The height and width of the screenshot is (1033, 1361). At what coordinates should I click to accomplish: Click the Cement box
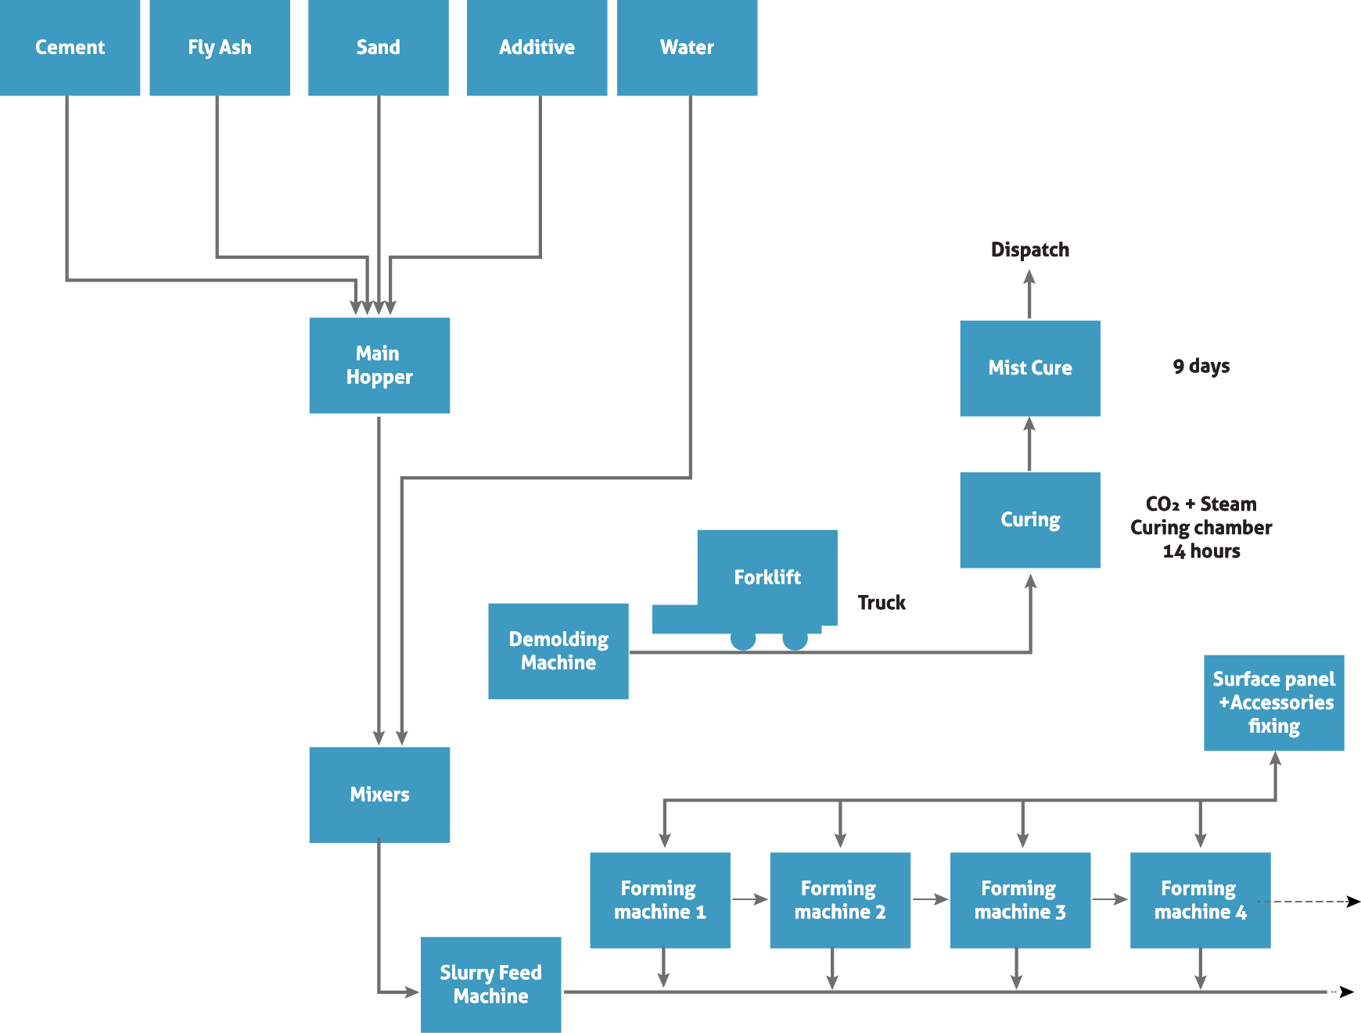pyautogui.click(x=70, y=48)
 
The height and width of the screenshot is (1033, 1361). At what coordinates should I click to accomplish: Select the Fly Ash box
pyautogui.click(x=220, y=48)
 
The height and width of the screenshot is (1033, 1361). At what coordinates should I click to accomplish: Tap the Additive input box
pyautogui.click(x=537, y=48)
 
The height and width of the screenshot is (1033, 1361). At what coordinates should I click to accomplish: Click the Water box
pyautogui.click(x=687, y=48)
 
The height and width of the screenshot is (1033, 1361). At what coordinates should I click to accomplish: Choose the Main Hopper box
pyautogui.click(x=379, y=365)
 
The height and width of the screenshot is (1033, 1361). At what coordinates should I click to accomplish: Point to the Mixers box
pyautogui.click(x=379, y=794)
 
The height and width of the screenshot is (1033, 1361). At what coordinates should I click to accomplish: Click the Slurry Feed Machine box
pyautogui.click(x=490, y=985)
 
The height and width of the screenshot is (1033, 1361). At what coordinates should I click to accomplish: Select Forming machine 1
pyautogui.click(x=659, y=900)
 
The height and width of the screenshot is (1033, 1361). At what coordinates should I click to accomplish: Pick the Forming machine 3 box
pyautogui.click(x=1020, y=900)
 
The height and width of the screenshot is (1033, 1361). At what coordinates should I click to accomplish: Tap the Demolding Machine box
pyautogui.click(x=558, y=651)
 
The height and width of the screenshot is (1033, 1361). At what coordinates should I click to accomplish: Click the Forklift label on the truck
pyautogui.click(x=767, y=577)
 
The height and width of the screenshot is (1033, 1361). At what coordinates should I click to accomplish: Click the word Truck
pyautogui.click(x=882, y=603)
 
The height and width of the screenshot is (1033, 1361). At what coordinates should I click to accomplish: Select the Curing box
pyautogui.click(x=1029, y=520)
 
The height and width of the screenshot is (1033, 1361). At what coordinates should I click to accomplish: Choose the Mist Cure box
pyautogui.click(x=1029, y=368)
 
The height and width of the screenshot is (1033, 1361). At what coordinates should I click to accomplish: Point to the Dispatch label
pyautogui.click(x=1029, y=249)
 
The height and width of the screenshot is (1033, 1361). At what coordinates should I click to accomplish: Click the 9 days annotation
pyautogui.click(x=1201, y=366)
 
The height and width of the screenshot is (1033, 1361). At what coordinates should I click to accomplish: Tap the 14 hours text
pyautogui.click(x=1201, y=551)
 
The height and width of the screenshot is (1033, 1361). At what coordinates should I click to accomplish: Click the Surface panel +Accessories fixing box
pyautogui.click(x=1273, y=702)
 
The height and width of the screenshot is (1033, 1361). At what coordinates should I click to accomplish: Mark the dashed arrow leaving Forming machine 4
pyautogui.click(x=1314, y=902)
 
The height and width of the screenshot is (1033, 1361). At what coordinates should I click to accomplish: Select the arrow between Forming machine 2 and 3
pyautogui.click(x=930, y=899)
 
